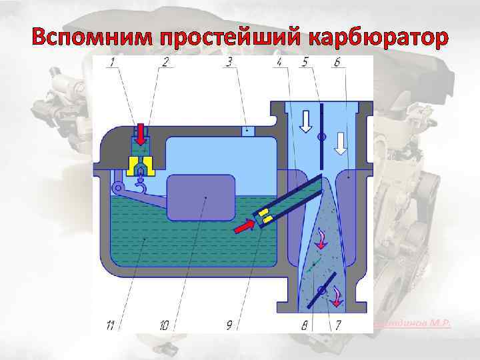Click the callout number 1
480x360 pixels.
click(x=114, y=63)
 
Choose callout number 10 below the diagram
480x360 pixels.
click(x=164, y=325)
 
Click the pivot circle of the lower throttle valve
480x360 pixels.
click(x=322, y=290)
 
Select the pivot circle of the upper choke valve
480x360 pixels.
click(x=321, y=137)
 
